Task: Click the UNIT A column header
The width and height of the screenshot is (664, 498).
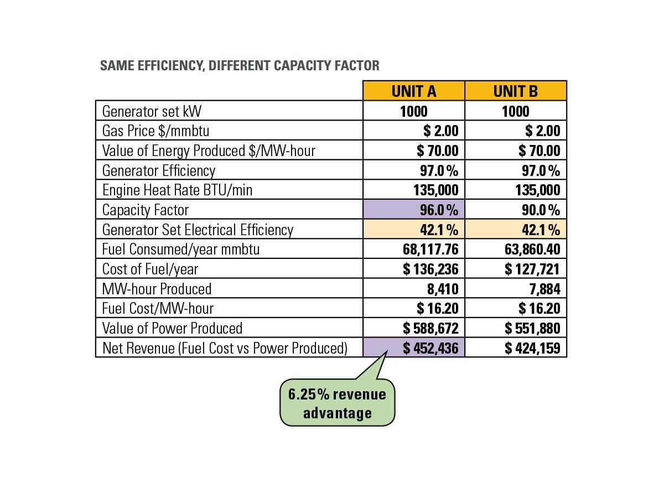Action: tap(413, 91)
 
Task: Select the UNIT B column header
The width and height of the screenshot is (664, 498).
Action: tap(515, 91)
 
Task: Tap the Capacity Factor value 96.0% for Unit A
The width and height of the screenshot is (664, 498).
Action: tap(413, 210)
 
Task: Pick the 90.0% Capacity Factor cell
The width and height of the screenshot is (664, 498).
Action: tap(515, 210)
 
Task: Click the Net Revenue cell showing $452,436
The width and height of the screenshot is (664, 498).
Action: tap(413, 348)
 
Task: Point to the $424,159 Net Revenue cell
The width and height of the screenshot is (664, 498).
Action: tap(515, 348)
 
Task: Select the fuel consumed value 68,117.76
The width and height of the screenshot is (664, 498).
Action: tap(413, 250)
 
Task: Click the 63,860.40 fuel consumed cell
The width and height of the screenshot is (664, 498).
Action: tap(515, 250)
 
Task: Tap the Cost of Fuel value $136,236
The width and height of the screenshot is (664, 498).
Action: tap(413, 269)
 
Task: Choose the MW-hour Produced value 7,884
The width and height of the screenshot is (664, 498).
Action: tap(515, 289)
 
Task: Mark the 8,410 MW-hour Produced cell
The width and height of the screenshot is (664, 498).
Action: tap(413, 289)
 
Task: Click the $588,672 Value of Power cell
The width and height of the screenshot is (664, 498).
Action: tap(413, 329)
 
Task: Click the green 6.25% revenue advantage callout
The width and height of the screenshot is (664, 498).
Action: tap(337, 403)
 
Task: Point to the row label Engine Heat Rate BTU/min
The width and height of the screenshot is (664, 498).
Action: tap(177, 190)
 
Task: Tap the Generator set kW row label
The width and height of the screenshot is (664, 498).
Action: tap(152, 111)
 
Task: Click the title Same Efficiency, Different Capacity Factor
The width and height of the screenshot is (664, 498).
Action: tap(240, 66)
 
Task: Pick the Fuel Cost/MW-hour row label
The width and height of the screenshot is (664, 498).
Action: tap(158, 308)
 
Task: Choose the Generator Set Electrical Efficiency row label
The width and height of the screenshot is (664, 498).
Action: tap(198, 230)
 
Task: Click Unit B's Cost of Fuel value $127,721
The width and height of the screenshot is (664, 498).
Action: tap(515, 269)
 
